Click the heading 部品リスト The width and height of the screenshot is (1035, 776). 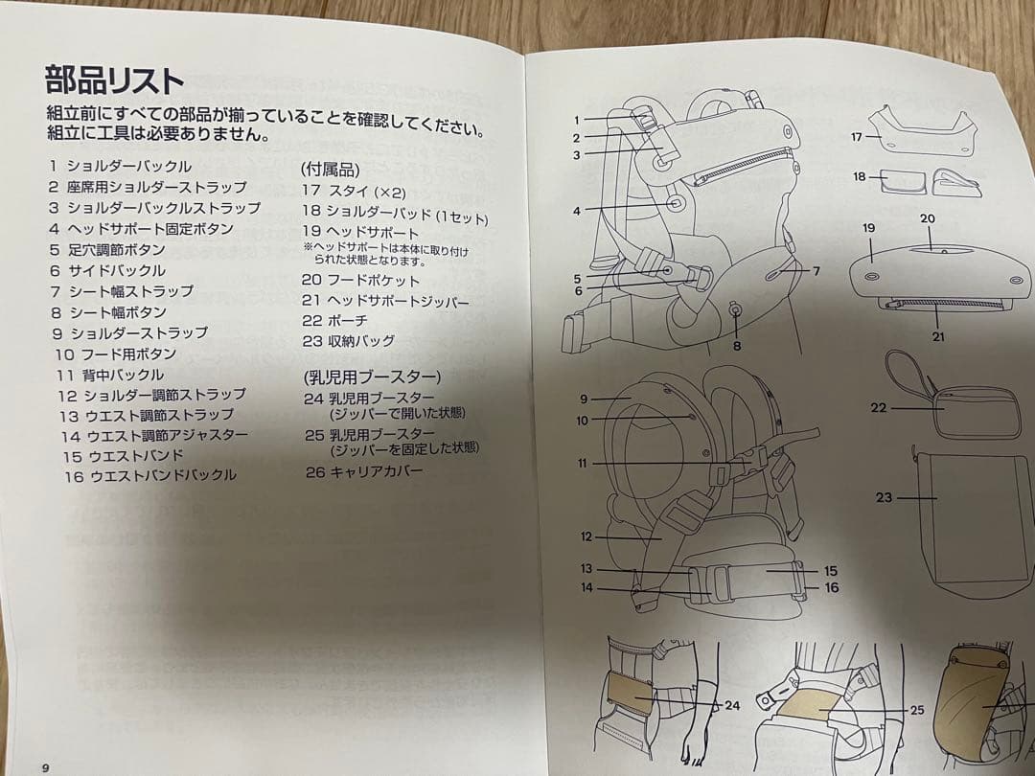(114, 78)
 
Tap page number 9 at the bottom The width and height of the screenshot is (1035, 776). (44, 766)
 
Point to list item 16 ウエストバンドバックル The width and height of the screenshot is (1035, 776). (150, 475)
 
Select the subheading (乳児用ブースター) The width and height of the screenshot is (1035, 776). (372, 376)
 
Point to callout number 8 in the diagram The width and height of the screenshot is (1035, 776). (736, 345)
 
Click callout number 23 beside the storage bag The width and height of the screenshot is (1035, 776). (885, 497)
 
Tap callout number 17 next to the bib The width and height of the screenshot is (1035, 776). (858, 137)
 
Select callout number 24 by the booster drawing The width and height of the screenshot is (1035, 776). (732, 706)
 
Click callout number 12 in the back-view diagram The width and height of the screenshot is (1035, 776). (586, 536)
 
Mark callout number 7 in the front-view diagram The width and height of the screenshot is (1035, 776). (816, 271)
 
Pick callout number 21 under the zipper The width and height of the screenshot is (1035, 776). (938, 337)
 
